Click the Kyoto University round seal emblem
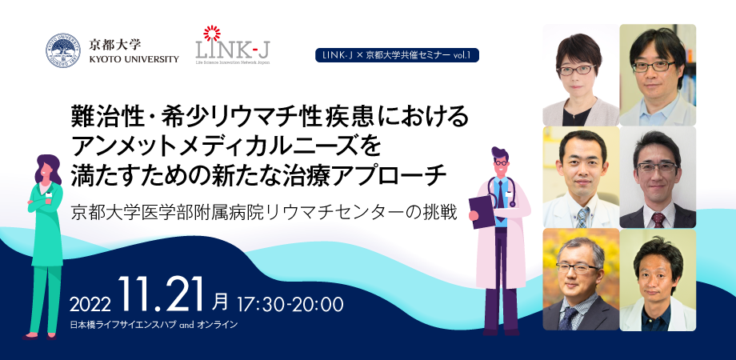click(63, 50)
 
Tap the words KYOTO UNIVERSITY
click(134, 59)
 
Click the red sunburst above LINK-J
click(212, 34)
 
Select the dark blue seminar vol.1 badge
click(397, 55)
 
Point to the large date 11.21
click(161, 294)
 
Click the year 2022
click(90, 305)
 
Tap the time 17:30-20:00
click(290, 304)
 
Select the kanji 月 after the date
click(220, 302)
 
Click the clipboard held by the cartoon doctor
click(482, 210)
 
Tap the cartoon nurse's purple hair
click(48, 169)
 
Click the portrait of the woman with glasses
click(580, 74)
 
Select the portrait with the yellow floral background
click(580, 279)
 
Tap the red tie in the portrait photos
click(658, 220)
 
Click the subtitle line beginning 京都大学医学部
click(264, 212)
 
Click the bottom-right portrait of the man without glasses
click(658, 279)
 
